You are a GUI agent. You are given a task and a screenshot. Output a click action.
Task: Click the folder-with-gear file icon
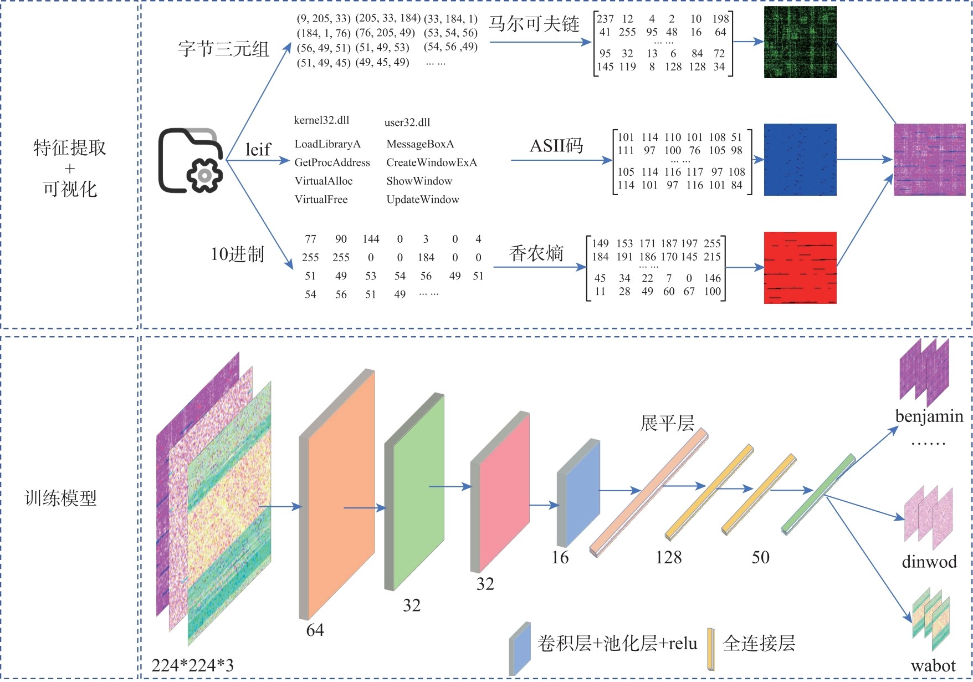[190, 161]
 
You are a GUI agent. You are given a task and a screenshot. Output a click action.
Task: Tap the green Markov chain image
[800, 42]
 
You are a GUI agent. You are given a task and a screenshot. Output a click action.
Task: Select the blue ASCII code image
[800, 160]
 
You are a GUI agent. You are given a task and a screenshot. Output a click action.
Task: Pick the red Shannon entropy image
[800, 268]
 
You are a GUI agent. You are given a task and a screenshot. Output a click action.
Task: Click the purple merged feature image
[929, 160]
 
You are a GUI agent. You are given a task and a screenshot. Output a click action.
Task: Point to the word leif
[258, 150]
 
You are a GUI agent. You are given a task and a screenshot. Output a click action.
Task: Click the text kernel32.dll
[321, 120]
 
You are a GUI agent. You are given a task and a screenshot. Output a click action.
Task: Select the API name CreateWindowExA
[432, 162]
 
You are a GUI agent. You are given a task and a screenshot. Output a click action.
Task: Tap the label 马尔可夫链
[534, 24]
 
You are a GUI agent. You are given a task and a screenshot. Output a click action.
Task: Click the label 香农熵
[536, 253]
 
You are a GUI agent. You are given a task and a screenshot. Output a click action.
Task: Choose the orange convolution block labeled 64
[341, 493]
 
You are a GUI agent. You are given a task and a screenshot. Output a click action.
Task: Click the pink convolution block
[504, 491]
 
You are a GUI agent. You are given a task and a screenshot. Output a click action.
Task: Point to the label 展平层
[667, 423]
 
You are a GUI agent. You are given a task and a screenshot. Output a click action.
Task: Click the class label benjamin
[929, 416]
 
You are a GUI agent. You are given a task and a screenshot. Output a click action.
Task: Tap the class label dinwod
[929, 562]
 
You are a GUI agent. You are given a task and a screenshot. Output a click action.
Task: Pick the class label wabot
[933, 666]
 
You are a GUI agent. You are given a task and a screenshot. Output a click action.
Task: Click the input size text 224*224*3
[193, 665]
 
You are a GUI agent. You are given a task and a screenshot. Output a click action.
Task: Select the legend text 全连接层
[759, 644]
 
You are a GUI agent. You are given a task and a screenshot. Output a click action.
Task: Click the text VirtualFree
[321, 200]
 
